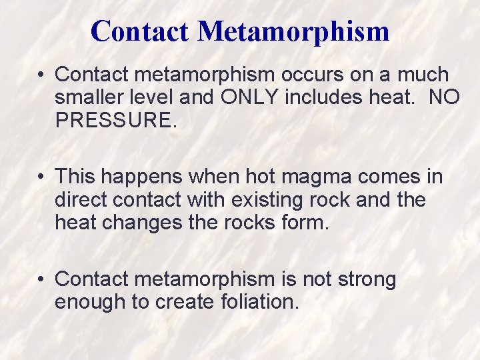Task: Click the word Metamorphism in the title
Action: click(x=293, y=31)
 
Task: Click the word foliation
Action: click(x=259, y=301)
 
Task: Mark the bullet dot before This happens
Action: click(x=41, y=177)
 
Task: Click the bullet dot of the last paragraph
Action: click(x=41, y=279)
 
